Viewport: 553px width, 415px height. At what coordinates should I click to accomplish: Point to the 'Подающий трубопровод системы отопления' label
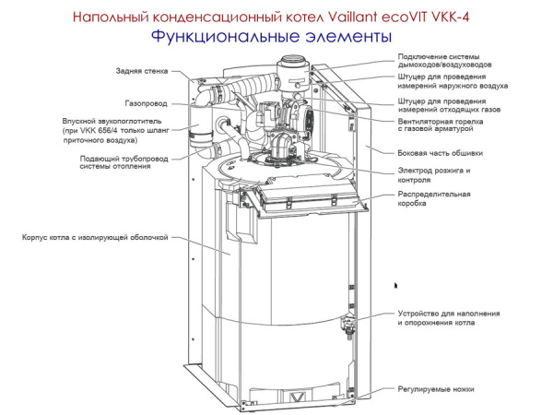pyautogui.click(x=117, y=162)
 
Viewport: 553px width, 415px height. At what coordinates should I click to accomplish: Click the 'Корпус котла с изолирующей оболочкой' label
pyautogui.click(x=95, y=237)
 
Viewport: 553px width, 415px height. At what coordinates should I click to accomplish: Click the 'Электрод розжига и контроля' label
pyautogui.click(x=433, y=175)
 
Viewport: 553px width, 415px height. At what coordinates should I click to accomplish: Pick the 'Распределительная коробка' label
pyautogui.click(x=434, y=198)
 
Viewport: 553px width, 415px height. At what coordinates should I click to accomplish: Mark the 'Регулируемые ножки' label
pyautogui.click(x=435, y=389)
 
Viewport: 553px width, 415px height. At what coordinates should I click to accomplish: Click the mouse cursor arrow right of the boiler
pyautogui.click(x=396, y=287)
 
